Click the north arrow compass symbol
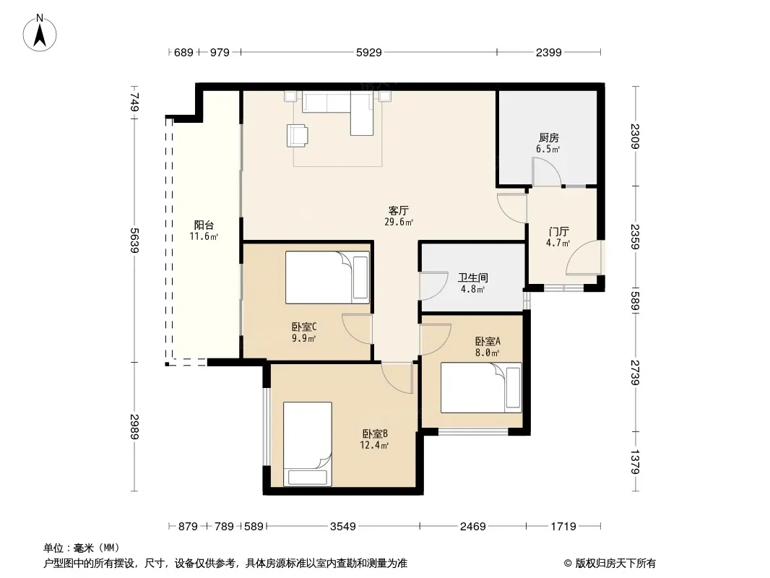[40, 33]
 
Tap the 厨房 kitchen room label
[548, 137]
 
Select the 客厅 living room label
[398, 211]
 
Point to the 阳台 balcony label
[204, 225]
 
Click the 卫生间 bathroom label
[473, 278]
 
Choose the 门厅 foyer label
[559, 231]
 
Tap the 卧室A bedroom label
[488, 341]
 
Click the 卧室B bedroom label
[375, 434]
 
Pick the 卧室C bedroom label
[304, 327]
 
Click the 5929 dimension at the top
[369, 53]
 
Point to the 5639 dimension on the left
[134, 240]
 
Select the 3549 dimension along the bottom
[343, 527]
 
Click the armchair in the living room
[298, 135]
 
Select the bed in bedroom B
[308, 444]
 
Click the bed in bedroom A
[481, 387]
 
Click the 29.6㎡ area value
[399, 222]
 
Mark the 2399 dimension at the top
[548, 53]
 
